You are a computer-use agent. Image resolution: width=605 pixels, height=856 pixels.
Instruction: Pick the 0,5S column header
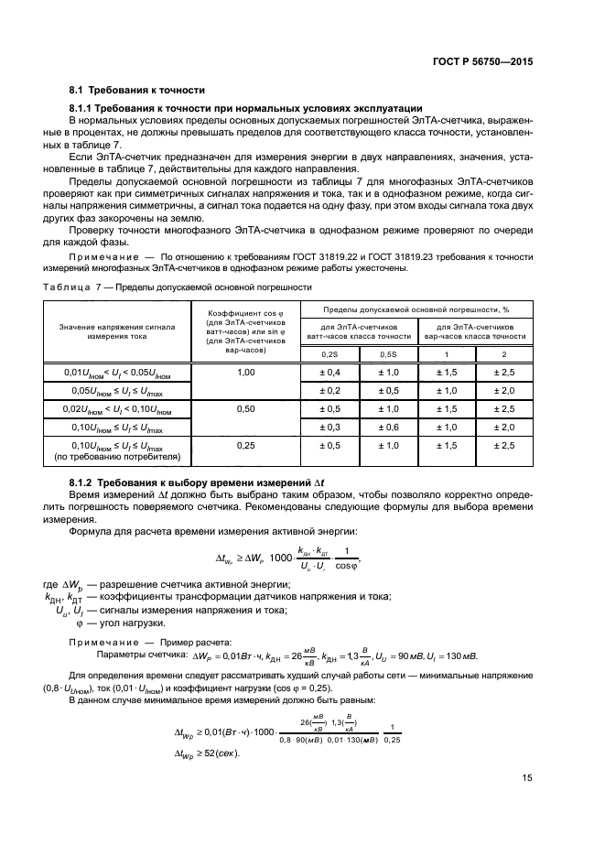[387, 353]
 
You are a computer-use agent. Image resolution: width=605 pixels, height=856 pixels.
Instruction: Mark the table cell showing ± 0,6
[387, 427]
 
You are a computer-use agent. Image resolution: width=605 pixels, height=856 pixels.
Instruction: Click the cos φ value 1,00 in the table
[244, 373]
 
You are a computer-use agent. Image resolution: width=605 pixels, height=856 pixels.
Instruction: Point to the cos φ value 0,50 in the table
[244, 408]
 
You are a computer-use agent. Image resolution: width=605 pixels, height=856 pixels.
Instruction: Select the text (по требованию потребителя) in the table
[119, 455]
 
